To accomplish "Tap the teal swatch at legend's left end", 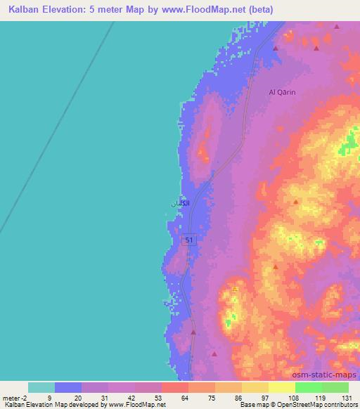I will pyautogui.click(x=41, y=387).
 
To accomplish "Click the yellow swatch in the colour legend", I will pyautogui.click(x=255, y=387).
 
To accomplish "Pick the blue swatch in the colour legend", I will pyautogui.click(x=68, y=387).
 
